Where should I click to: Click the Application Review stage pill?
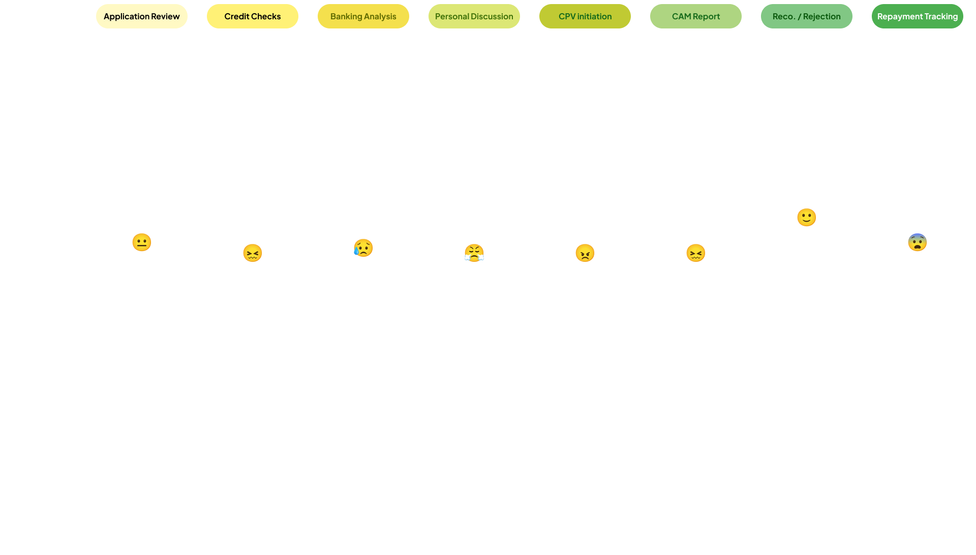(141, 16)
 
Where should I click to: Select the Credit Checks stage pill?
(252, 16)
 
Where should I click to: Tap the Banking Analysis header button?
(363, 16)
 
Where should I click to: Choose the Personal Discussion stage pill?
(474, 16)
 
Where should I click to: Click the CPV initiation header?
(585, 16)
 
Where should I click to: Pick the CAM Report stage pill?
(695, 16)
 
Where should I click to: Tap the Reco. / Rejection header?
(806, 16)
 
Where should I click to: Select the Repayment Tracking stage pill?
(917, 16)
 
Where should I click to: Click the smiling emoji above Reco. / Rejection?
(806, 217)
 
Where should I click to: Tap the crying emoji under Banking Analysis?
(363, 248)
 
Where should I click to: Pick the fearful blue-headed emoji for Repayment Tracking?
(917, 242)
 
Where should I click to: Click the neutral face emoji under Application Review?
(141, 242)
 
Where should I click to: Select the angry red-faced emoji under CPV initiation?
(585, 253)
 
